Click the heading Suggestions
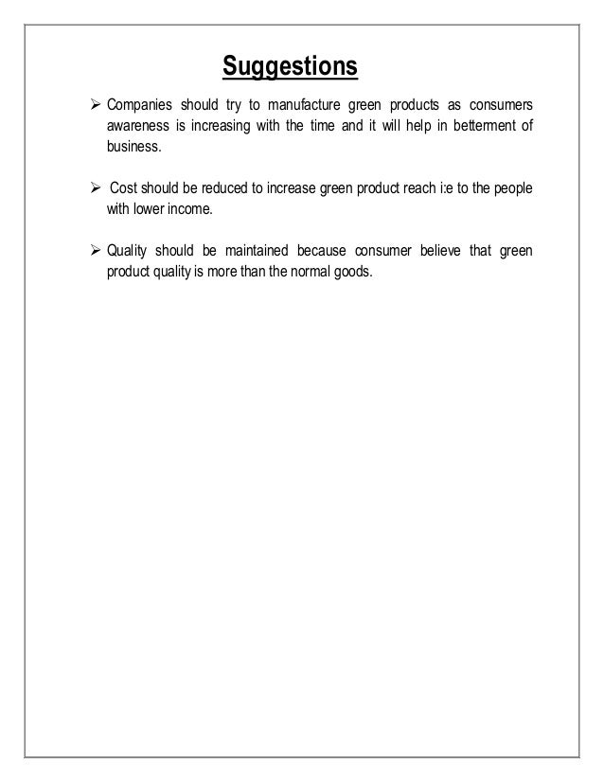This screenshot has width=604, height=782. click(290, 68)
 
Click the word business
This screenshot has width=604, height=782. click(133, 148)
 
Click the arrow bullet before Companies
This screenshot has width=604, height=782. click(94, 102)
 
